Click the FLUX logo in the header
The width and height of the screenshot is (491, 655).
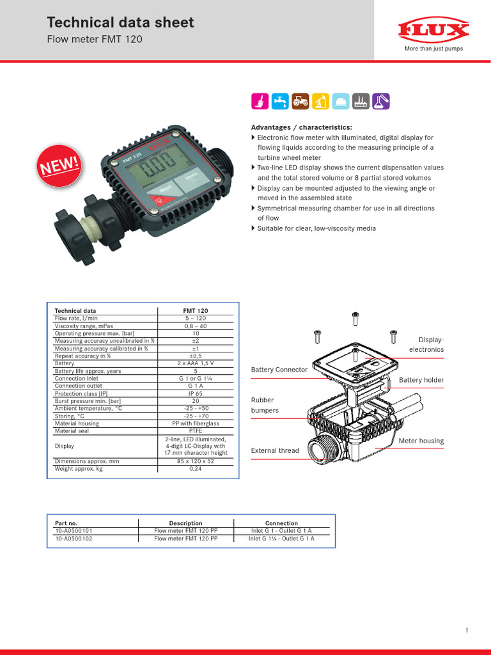tap(433, 30)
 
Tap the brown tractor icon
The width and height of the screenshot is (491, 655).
tap(299, 101)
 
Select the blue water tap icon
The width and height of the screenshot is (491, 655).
tap(279, 101)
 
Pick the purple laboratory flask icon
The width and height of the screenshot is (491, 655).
tap(381, 101)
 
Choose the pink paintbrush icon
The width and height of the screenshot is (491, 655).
tap(259, 101)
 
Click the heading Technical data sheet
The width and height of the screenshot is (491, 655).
tap(121, 23)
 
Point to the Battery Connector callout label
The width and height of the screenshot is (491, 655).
tap(279, 370)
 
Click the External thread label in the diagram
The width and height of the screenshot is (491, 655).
tap(275, 450)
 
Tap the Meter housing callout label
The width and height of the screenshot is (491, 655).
tap(421, 441)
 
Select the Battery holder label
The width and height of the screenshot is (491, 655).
tap(421, 380)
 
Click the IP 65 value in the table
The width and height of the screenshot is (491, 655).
tap(196, 393)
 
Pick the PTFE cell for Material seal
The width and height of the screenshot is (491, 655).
tap(196, 430)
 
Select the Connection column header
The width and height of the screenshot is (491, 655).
tap(281, 523)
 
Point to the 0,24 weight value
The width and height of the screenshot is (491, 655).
tap(196, 468)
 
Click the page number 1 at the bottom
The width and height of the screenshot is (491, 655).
tap(467, 631)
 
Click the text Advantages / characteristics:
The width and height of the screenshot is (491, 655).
tap(301, 127)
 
